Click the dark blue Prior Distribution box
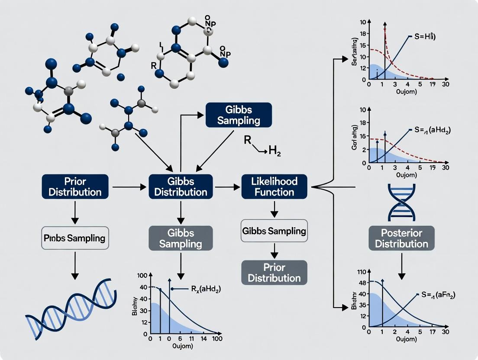(x=75, y=186)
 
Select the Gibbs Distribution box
(x=181, y=186)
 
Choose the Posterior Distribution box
(x=401, y=238)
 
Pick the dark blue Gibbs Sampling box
(x=238, y=115)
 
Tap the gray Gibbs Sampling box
(x=181, y=238)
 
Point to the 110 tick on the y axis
(x=361, y=272)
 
